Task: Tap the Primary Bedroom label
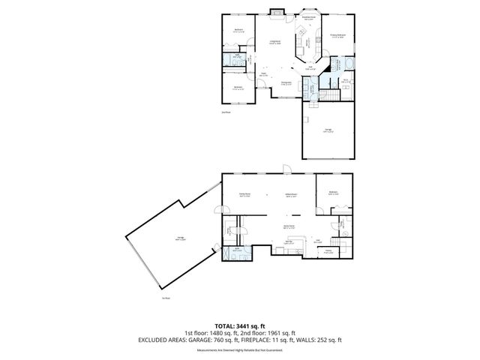tap(338, 35)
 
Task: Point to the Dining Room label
tap(286, 83)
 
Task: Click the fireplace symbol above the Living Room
tap(277, 12)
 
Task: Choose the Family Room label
tap(244, 194)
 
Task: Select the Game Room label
tap(288, 226)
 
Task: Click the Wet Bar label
tap(289, 242)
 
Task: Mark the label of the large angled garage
tap(180, 239)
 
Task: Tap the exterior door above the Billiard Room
tap(286, 169)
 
